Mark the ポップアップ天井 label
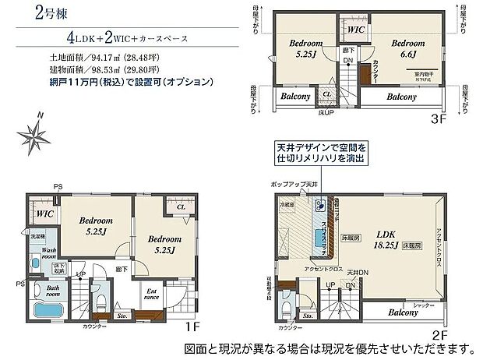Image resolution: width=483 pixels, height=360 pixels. coord(296,182)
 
